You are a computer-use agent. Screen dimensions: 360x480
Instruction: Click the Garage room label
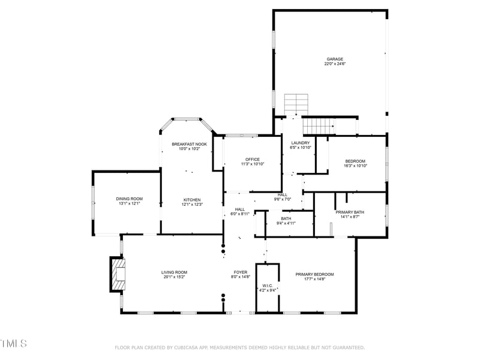pos(334,59)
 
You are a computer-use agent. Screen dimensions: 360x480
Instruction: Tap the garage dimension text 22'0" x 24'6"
pos(334,64)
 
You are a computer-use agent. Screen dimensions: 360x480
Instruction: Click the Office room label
pos(252,159)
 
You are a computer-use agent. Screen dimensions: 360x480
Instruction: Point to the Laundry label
pos(300,143)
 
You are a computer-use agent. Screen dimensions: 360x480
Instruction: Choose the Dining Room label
pos(129,199)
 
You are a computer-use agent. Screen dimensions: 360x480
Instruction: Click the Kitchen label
pos(192,200)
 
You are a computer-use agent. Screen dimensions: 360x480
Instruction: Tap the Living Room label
pos(174,272)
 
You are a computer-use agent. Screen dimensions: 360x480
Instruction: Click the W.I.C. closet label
pos(268,286)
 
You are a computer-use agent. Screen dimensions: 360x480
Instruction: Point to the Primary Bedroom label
pos(314,274)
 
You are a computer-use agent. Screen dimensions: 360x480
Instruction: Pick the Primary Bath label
pos(349,212)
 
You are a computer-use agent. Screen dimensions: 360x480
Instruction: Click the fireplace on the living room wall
pos(116,274)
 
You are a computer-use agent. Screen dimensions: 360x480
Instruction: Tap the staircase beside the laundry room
pos(318,126)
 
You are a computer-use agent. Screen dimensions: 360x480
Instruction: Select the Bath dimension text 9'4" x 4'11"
pos(286,223)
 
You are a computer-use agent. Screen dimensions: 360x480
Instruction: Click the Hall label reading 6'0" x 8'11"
pos(239,214)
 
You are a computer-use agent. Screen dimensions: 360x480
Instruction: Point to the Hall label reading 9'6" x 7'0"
pos(282,199)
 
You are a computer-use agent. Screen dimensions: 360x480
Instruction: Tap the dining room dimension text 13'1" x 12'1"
pos(129,203)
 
